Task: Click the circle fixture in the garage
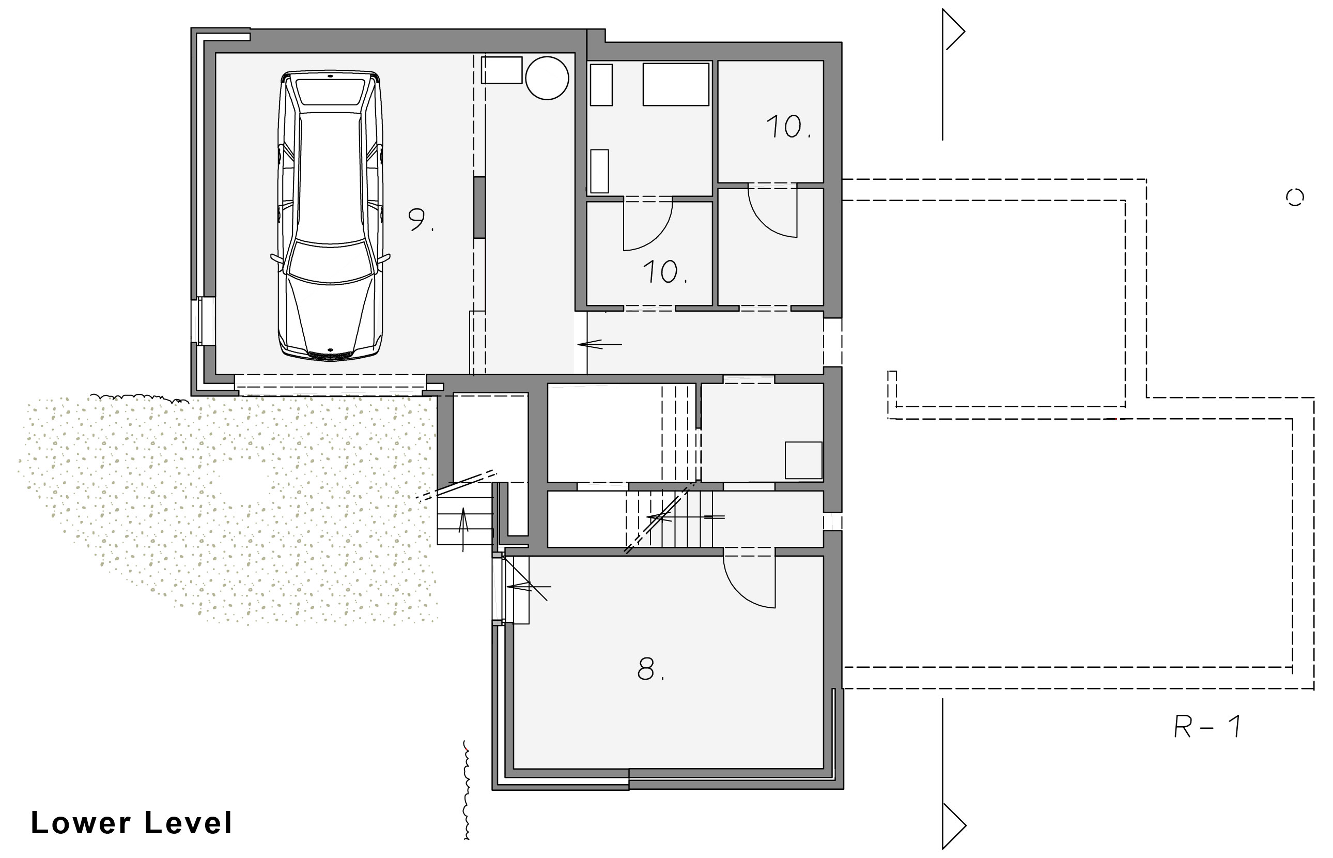point(547,78)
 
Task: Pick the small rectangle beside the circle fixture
point(501,70)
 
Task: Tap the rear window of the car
point(330,91)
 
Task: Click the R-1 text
point(1207,726)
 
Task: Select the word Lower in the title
point(81,823)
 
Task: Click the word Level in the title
point(188,823)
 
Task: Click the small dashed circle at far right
point(1295,197)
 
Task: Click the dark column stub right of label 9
point(479,207)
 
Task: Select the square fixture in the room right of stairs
point(803,460)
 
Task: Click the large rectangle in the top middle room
point(675,84)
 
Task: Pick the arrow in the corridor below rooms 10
point(599,345)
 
